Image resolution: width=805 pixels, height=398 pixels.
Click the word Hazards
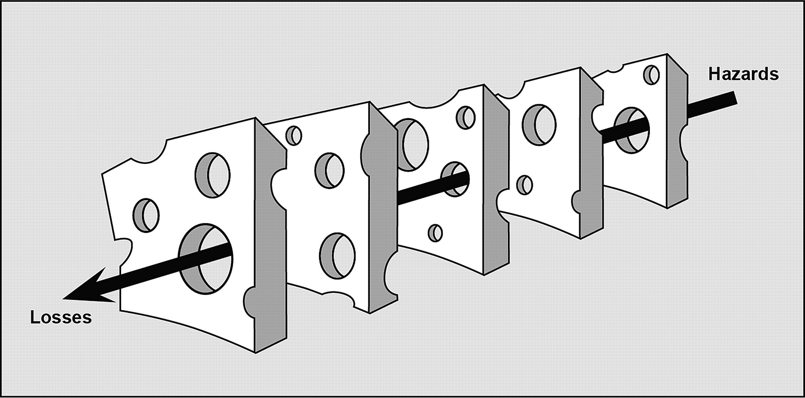click(743, 74)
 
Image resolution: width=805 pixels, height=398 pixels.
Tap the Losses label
click(61, 317)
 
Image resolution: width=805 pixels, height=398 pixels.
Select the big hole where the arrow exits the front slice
click(206, 259)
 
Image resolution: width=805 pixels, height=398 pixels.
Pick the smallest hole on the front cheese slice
click(146, 215)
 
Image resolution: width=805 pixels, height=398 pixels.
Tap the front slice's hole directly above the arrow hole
click(212, 174)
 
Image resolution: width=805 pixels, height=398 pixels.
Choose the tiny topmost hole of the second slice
click(293, 136)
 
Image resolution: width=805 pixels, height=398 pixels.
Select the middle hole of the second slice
click(330, 171)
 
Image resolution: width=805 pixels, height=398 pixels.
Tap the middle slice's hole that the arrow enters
click(455, 179)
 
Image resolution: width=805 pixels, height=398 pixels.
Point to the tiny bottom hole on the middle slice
click(435, 232)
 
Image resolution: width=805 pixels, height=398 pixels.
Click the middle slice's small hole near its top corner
click(466, 117)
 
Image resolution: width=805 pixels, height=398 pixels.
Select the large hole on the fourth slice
click(539, 124)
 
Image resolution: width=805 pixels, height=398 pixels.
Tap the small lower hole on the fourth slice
click(524, 184)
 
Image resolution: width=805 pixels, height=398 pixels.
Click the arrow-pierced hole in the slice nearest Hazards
click(631, 129)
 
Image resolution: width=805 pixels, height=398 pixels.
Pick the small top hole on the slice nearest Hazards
click(652, 74)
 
